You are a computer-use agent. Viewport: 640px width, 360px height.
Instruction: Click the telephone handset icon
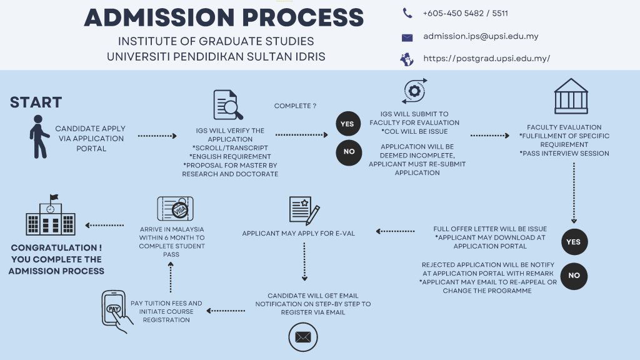[x=407, y=13]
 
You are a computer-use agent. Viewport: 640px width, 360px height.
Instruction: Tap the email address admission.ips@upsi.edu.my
[x=481, y=36]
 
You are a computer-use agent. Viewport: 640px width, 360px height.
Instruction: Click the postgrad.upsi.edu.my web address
[x=486, y=59]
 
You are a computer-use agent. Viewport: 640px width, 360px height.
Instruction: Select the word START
[x=36, y=102]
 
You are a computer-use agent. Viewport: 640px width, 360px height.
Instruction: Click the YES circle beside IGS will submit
[x=347, y=124]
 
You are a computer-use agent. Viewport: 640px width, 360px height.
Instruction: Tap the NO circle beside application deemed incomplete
[x=349, y=152]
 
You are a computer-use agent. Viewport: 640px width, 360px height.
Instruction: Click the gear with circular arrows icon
[x=414, y=91]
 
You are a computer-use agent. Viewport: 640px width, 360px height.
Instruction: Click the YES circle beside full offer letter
[x=573, y=242]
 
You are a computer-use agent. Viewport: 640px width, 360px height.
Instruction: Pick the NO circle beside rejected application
[x=574, y=276]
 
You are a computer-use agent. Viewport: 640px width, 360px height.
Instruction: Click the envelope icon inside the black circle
[x=302, y=337]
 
